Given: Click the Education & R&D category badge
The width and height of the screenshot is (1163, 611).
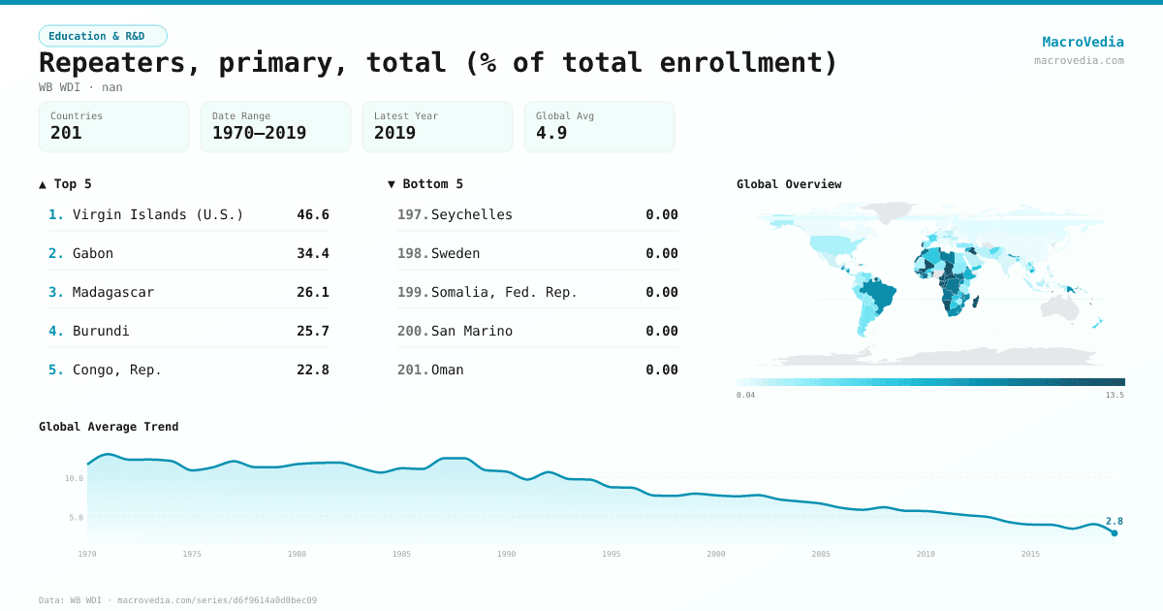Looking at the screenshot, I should tap(103, 36).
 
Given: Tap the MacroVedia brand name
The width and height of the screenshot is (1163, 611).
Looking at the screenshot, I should tap(1083, 42).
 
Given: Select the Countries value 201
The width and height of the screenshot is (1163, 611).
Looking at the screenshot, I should tap(66, 133).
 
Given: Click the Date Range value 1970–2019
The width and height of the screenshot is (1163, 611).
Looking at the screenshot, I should tap(259, 133).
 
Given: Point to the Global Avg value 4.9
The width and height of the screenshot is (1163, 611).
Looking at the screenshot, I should tap(551, 133).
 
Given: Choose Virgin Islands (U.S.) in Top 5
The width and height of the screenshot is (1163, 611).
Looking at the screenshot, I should tap(158, 214).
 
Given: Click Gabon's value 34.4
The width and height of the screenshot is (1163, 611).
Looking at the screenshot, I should tap(312, 253).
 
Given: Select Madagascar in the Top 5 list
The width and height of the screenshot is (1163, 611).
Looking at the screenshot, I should tap(113, 292).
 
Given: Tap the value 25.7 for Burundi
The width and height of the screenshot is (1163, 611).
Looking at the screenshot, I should tap(312, 331).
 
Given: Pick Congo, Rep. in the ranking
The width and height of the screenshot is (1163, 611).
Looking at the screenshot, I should tap(117, 370).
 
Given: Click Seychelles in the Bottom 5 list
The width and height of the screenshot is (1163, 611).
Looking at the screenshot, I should tap(472, 214).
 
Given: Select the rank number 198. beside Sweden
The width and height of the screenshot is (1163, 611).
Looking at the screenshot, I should tap(413, 253).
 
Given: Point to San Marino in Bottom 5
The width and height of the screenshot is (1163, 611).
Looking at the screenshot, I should tap(472, 331).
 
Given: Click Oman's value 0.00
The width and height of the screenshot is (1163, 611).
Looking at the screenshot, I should tap(662, 370).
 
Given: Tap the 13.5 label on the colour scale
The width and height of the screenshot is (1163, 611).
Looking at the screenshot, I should tap(1115, 396).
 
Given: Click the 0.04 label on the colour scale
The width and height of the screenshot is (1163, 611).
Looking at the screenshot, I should tap(745, 396).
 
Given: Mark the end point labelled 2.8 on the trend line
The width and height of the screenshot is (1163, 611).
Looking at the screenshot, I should tap(1115, 532).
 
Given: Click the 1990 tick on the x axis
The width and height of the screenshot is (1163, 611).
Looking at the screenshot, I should tap(507, 554).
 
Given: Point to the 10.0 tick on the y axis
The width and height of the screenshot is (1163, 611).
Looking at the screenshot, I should tap(74, 478).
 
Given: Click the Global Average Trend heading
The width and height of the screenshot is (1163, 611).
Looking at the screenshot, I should tap(109, 427).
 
